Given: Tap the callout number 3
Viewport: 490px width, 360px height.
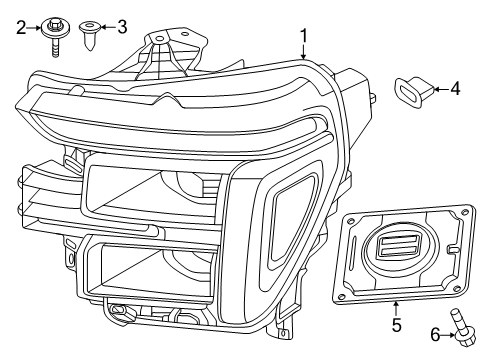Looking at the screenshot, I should pos(122,27).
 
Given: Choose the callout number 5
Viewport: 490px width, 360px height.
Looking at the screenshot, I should pos(395,325).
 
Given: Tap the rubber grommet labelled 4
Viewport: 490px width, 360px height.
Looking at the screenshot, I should pos(411,90).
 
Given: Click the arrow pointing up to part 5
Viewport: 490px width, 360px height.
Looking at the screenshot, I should pos(395,308).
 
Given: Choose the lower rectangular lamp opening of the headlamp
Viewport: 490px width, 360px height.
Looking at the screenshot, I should pos(150,265).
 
